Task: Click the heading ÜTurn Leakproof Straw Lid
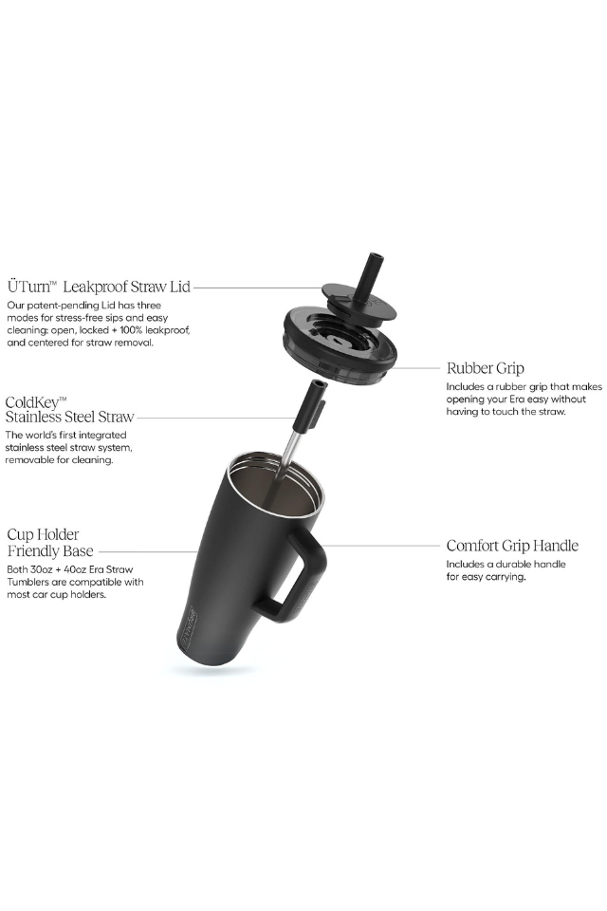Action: (99, 287)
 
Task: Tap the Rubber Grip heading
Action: (485, 368)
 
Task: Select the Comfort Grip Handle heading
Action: (512, 546)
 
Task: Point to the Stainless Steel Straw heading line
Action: (69, 418)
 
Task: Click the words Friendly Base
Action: (50, 550)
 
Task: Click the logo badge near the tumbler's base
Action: (188, 627)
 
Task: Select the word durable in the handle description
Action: (512, 564)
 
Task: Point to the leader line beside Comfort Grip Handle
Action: (382, 547)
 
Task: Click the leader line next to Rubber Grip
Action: (417, 368)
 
